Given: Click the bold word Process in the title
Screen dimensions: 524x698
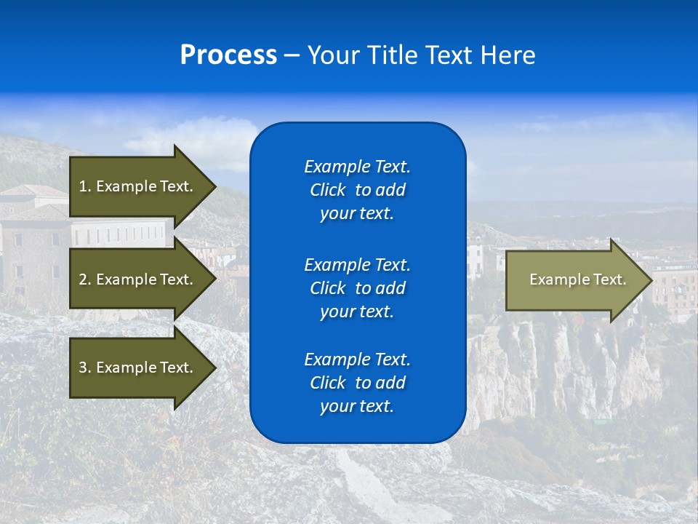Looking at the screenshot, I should [228, 55].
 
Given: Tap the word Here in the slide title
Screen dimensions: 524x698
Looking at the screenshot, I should [507, 55].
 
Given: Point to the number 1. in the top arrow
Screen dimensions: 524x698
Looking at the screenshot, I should [84, 186].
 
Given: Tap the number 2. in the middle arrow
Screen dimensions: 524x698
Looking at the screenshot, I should [84, 279].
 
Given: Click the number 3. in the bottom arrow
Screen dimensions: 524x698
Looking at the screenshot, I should [84, 368].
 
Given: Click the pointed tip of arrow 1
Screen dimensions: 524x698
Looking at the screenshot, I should [212, 186].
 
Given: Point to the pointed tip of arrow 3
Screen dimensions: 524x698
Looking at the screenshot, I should [212, 368].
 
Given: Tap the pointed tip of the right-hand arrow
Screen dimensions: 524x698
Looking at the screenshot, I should [649, 280].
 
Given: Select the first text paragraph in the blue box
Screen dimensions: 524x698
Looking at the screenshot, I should [357, 190].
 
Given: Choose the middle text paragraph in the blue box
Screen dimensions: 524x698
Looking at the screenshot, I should [357, 288].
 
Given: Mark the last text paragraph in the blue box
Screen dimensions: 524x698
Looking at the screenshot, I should [357, 383].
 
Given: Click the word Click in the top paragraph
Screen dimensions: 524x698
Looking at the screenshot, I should [327, 190].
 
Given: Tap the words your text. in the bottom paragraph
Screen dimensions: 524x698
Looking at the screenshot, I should [357, 406].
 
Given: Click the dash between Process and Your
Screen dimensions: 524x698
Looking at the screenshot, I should [292, 56].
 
